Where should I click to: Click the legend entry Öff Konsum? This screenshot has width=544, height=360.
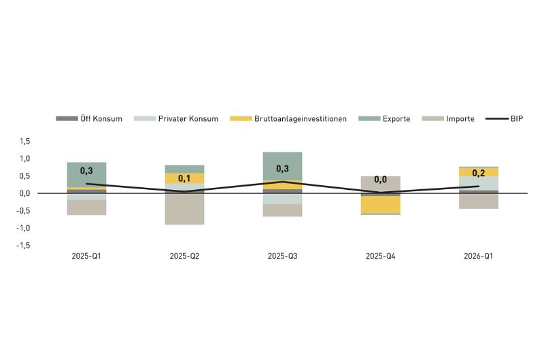(x=89, y=118)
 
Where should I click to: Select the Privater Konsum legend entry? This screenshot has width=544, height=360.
(x=176, y=118)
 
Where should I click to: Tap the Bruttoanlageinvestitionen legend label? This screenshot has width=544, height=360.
(x=288, y=118)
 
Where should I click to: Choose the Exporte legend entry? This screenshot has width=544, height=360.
(x=384, y=118)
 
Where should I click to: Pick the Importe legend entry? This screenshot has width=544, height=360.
(x=448, y=118)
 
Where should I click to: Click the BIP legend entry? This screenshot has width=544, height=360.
(x=504, y=118)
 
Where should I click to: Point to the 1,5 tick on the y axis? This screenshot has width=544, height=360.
(x=24, y=142)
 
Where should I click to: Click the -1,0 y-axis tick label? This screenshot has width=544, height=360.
(x=23, y=228)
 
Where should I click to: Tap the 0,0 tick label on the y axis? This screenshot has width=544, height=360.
(x=24, y=193)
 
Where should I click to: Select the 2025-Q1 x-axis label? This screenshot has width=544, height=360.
(x=86, y=256)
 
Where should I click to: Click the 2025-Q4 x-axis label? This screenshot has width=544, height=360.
(x=381, y=256)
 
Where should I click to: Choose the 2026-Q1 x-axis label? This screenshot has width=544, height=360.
(x=479, y=256)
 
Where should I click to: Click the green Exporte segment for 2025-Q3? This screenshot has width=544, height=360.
(x=282, y=166)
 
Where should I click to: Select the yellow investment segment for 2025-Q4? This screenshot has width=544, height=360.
(x=381, y=205)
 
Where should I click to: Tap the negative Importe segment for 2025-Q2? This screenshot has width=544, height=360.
(x=184, y=209)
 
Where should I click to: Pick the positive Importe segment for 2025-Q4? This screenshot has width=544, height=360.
(x=381, y=184)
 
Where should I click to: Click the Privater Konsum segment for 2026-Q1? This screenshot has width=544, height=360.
(x=479, y=183)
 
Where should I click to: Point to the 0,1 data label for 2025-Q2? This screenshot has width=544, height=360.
(x=184, y=178)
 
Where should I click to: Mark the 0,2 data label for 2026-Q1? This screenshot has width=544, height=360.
(x=479, y=173)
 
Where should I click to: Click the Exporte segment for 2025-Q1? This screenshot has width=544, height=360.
(x=86, y=175)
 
